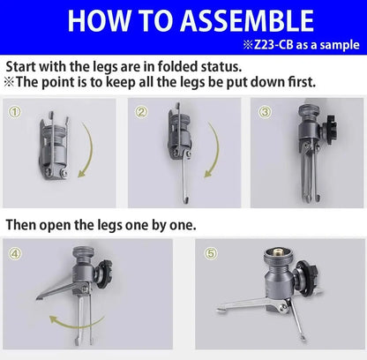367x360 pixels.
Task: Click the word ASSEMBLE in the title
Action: (x=247, y=20)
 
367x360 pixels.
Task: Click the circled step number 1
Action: (x=14, y=112)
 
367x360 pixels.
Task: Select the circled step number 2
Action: (x=141, y=112)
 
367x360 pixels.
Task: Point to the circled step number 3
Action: (x=265, y=112)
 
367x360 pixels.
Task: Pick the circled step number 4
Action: (x=15, y=253)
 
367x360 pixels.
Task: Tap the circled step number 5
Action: (x=211, y=253)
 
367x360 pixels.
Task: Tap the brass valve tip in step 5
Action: (x=278, y=252)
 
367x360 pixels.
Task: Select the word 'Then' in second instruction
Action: (x=19, y=225)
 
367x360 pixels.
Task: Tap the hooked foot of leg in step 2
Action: (x=186, y=200)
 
